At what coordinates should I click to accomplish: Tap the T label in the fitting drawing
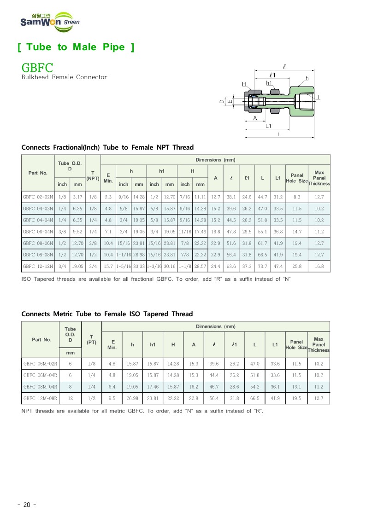[x=319, y=97]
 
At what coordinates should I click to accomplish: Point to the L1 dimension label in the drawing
[x=268, y=125]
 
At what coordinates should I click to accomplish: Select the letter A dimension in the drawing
[x=255, y=117]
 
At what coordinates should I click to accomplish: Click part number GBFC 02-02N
[x=38, y=197]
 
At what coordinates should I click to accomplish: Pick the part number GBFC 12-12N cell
[x=38, y=266]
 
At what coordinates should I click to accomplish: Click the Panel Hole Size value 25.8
[x=297, y=266]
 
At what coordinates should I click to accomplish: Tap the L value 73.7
[x=262, y=266]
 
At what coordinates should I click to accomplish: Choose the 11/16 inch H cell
[x=185, y=232]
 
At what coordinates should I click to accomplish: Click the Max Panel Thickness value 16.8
[x=319, y=266]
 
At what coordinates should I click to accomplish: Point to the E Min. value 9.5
[x=112, y=398]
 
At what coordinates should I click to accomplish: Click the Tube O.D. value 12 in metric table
[x=70, y=398]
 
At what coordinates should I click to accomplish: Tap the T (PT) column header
[x=91, y=339]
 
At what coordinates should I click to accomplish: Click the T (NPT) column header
[x=93, y=175]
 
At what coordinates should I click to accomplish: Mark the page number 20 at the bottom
[x=26, y=505]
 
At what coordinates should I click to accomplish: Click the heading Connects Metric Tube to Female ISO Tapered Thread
[x=107, y=314]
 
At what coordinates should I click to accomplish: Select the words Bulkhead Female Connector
[x=64, y=77]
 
